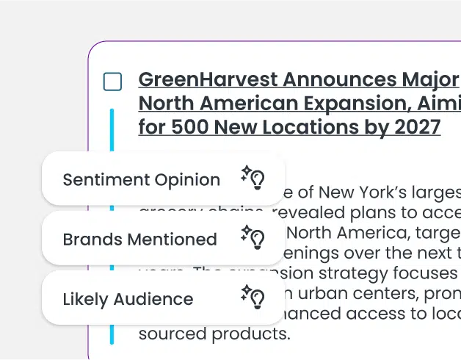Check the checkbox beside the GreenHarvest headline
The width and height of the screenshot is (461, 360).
pyautogui.click(x=112, y=82)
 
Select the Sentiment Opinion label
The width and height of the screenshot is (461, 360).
pyautogui.click(x=141, y=180)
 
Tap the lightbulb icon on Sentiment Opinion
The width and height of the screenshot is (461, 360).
pyautogui.click(x=253, y=177)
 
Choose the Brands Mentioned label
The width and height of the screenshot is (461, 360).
pyautogui.click(x=139, y=240)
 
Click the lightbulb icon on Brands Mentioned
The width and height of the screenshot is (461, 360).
pyautogui.click(x=253, y=237)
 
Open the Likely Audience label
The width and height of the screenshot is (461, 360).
pyautogui.click(x=128, y=300)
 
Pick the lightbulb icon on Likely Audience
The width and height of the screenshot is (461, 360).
pyautogui.click(x=253, y=297)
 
